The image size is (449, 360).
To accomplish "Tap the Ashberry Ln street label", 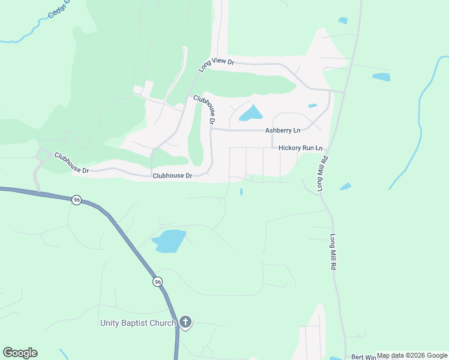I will (x=283, y=131).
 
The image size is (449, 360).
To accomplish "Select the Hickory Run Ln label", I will (x=301, y=148).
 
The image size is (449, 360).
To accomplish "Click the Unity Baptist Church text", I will (x=137, y=323).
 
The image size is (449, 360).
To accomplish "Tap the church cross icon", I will (x=185, y=323).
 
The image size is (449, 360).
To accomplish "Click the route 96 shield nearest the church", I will (x=157, y=282).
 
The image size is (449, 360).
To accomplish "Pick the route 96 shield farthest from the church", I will (x=76, y=200).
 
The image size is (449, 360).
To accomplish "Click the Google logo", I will (x=20, y=353).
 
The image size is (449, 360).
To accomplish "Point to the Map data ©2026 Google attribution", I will (x=412, y=355).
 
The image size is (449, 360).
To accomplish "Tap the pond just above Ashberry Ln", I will (x=252, y=113).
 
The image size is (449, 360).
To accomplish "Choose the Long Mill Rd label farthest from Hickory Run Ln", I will (x=332, y=251).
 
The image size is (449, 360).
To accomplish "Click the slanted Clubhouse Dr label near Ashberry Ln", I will (x=205, y=109).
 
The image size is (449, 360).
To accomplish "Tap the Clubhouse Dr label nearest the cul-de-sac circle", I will (x=71, y=163).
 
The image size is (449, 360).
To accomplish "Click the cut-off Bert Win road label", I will (x=363, y=356).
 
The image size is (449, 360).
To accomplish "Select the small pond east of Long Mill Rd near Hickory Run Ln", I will (x=345, y=187).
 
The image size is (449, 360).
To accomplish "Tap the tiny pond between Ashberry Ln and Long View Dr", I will (x=312, y=106).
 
